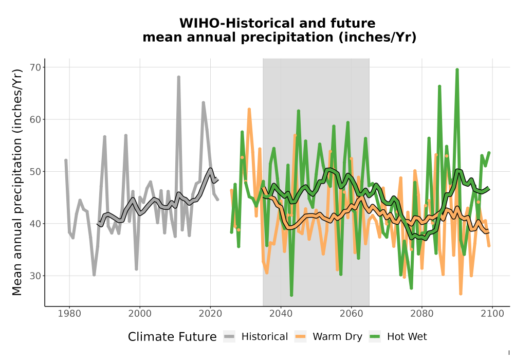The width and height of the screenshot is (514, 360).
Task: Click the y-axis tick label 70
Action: click(36, 67)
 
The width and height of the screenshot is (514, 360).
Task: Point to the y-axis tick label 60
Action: click(36, 120)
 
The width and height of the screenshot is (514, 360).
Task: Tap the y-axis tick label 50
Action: click(36, 172)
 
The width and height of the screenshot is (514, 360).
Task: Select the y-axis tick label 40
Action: click(36, 224)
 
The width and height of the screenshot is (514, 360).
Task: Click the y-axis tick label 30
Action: click(36, 276)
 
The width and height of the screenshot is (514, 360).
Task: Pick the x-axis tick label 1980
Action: click(69, 314)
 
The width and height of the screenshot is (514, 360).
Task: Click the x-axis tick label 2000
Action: click(140, 314)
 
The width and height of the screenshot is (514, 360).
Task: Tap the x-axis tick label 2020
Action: click(210, 314)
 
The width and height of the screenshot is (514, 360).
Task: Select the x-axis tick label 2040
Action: click(281, 314)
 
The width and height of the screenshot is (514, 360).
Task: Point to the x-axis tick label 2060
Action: click(352, 314)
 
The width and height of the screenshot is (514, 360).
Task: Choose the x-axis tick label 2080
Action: click(422, 314)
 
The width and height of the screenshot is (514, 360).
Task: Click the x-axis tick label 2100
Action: click(492, 314)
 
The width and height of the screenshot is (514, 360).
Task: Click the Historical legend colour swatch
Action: click(229, 336)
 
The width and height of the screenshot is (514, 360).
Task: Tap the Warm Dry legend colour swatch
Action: click(300, 336)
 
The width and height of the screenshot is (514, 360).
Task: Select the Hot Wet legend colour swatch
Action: click(375, 336)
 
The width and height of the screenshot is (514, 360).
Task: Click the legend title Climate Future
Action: click(172, 337)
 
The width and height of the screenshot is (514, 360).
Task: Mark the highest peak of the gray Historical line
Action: click(179, 77)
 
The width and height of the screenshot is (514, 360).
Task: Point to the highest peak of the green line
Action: click(457, 70)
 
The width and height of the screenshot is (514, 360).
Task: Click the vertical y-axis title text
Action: click(17, 182)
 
